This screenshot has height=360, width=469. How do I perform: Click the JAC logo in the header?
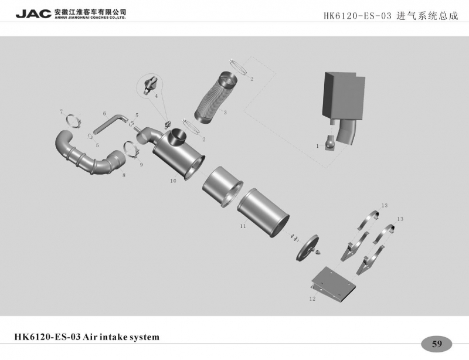pos(33,13)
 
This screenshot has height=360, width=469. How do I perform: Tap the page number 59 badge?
pos(437,344)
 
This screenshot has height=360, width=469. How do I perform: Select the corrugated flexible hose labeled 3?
pos(215,97)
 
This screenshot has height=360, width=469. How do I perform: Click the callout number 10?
pos(173,181)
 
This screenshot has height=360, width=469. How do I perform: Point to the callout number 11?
pos(243,226)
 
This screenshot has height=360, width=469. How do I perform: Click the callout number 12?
pos(312,298)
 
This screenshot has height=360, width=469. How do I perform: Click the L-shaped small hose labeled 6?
pos(110,123)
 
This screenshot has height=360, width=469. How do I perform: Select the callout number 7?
pos(62,111)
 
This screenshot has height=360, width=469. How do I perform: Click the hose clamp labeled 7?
pos(74,121)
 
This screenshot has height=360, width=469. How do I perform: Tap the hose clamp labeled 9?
pos(131,150)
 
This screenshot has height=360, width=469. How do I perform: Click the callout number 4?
pos(156,96)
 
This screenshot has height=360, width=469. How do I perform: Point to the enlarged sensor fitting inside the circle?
pos(151,84)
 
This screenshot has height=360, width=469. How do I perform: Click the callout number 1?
pos(317,146)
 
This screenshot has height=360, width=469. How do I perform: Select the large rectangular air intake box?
pos(344,96)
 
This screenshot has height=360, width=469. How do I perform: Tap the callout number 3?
pos(225,112)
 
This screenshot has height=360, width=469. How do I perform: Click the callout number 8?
pos(124,175)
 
